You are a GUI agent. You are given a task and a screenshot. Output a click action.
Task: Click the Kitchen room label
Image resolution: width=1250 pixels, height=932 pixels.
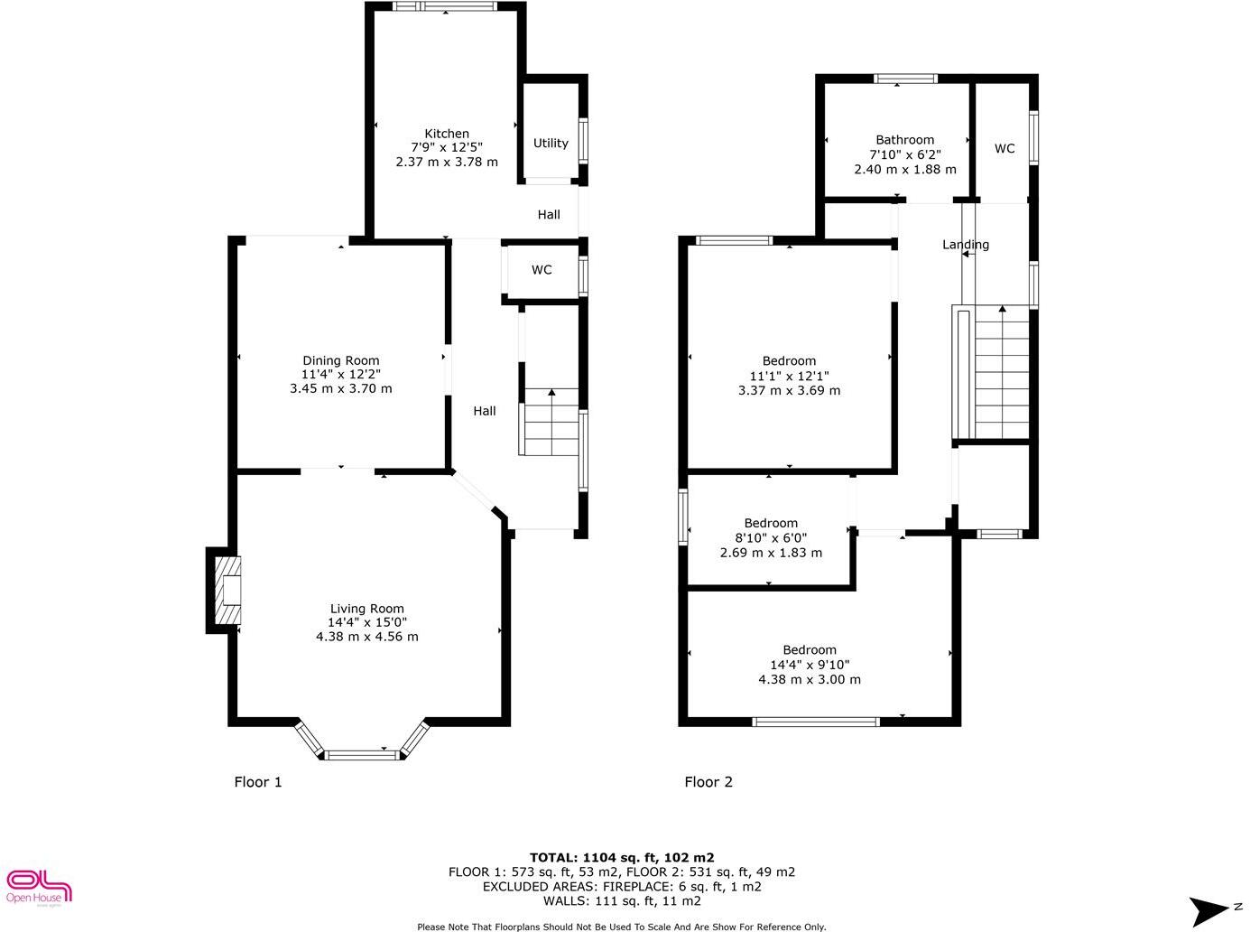[447, 134]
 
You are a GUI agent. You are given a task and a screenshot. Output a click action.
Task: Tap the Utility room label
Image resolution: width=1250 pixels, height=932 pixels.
[551, 143]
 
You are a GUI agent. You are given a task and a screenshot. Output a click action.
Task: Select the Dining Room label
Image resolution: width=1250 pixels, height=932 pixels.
[340, 360]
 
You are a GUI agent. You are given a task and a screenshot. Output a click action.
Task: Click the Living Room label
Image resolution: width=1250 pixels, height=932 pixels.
[366, 609]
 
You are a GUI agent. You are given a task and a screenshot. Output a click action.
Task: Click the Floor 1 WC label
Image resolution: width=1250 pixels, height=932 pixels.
[542, 270]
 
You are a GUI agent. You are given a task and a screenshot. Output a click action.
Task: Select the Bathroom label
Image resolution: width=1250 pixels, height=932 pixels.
[904, 140]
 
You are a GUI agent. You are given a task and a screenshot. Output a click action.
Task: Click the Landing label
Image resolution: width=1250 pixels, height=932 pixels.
[966, 245]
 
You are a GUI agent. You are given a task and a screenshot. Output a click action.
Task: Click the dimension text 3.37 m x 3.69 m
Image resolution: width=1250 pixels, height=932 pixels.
[789, 391]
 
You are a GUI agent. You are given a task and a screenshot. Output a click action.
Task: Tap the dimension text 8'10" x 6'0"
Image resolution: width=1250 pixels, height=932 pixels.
[771, 538]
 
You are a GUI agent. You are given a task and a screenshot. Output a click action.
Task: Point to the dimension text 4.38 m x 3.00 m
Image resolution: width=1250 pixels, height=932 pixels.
[810, 679]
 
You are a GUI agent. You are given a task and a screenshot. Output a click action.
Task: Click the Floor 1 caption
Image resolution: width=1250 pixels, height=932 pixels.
[258, 782]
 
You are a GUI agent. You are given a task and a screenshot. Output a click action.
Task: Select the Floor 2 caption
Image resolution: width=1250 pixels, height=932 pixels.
[708, 782]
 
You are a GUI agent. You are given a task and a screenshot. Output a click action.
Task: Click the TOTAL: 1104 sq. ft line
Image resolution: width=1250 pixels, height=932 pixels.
[622, 858]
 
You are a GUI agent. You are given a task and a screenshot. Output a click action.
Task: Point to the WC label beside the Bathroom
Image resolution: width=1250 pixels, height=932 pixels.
[1005, 148]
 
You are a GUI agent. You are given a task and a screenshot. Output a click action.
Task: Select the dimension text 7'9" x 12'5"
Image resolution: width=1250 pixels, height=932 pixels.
[447, 147]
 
